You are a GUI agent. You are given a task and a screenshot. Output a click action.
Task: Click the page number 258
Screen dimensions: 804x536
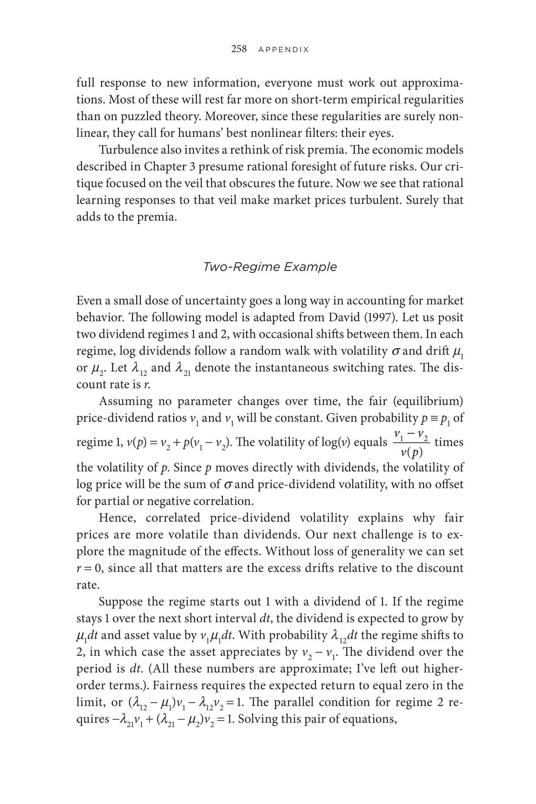pyautogui.click(x=239, y=49)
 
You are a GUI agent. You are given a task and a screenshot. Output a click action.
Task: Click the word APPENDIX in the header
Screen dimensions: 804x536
pyautogui.click(x=283, y=50)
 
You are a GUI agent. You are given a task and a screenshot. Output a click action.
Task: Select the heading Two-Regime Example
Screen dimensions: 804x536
pyautogui.click(x=270, y=267)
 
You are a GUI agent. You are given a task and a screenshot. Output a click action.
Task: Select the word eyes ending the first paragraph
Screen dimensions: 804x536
pyautogui.click(x=381, y=133)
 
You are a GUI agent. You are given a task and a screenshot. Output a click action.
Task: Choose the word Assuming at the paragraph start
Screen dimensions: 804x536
pyautogui.click(x=125, y=401)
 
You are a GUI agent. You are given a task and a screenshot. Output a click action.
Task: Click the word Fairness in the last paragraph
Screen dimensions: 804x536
pyautogui.click(x=176, y=685)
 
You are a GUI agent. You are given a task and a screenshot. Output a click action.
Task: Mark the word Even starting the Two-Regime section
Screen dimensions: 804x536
pyautogui.click(x=89, y=301)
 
